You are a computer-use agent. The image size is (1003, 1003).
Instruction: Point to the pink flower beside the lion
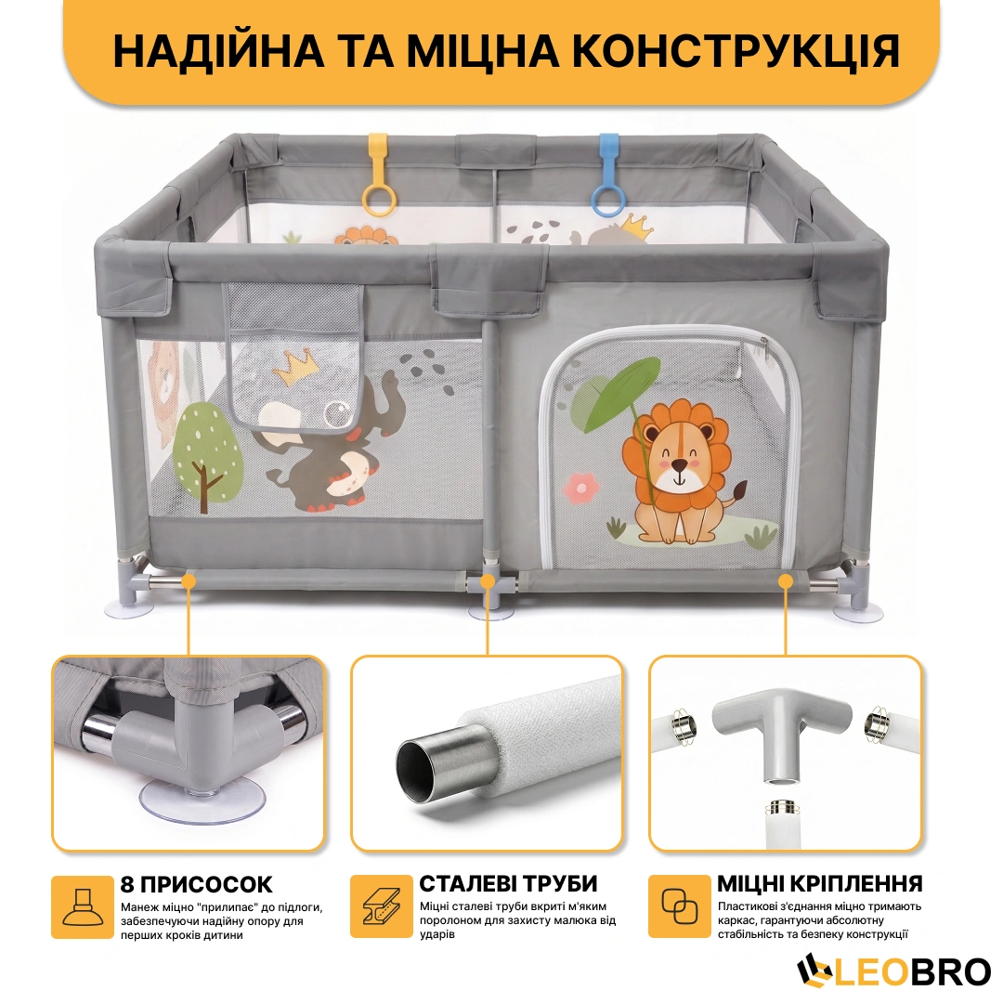tap(580, 488)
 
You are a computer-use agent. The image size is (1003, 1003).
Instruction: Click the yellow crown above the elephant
tap(295, 367)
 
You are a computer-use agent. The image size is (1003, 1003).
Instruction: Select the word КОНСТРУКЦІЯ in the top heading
tap(736, 50)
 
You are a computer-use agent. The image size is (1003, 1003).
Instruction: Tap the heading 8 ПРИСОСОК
tap(196, 884)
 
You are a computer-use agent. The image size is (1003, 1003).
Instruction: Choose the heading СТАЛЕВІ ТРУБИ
tap(508, 883)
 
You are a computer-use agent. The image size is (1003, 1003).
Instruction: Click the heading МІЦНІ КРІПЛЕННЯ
tap(820, 883)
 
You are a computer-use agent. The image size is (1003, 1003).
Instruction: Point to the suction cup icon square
tap(83, 907)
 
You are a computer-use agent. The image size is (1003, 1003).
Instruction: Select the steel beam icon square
tap(382, 906)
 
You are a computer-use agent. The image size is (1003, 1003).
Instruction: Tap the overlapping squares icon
tap(679, 906)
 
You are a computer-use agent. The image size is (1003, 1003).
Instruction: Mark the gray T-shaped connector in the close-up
tap(782, 729)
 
